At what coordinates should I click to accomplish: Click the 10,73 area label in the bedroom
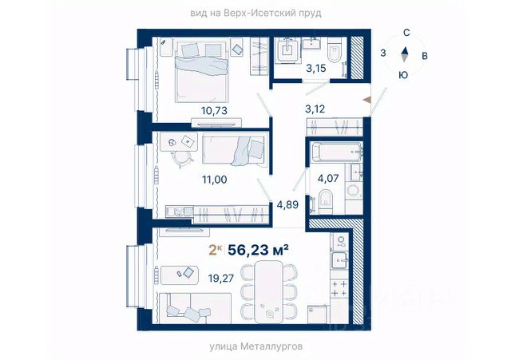214,111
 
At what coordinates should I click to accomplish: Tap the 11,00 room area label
215,179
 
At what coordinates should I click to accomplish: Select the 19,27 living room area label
221,279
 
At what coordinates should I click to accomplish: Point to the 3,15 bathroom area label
316,69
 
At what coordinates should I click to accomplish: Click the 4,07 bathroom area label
328,179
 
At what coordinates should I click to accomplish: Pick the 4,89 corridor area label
287,204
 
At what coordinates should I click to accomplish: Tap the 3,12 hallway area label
315,109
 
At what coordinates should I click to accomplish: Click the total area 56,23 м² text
258,250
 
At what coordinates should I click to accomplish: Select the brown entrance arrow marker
367,100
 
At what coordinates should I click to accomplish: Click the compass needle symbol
405,54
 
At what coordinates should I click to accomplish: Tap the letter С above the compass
406,33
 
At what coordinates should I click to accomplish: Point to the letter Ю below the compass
403,75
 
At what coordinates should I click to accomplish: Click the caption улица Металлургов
255,346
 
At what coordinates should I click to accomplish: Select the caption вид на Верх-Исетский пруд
255,13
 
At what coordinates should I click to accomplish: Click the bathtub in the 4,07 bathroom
335,152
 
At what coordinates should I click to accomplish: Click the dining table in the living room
269,291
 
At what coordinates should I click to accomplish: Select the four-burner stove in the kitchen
339,288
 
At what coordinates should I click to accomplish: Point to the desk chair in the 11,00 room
182,159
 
